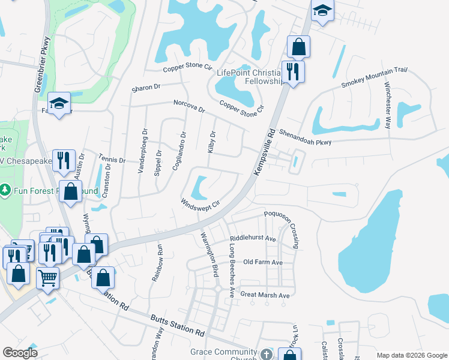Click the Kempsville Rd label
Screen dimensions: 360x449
[x=265, y=151]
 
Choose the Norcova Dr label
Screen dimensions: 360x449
[x=189, y=106]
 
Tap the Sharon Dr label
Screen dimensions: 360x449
[x=146, y=88]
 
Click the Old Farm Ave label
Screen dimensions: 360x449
[x=263, y=263]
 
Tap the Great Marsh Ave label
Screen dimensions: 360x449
[x=265, y=295]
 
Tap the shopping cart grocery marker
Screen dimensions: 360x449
[x=48, y=277]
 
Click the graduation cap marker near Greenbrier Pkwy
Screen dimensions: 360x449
[x=59, y=103]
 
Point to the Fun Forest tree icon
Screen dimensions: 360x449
[x=5, y=190]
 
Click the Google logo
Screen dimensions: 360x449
[x=20, y=353]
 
